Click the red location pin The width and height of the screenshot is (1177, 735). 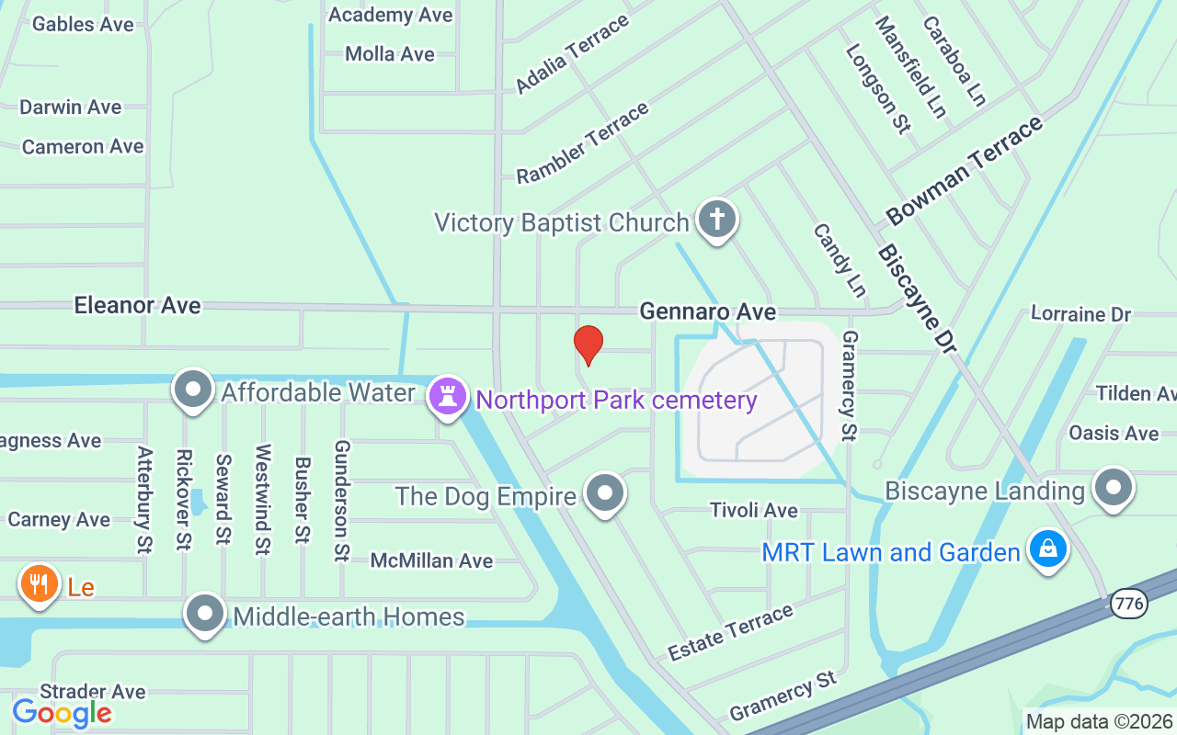(588, 345)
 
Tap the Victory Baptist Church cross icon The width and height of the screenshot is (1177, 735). (717, 220)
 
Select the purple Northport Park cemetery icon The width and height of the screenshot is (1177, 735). (448, 398)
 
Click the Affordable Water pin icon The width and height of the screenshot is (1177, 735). (193, 390)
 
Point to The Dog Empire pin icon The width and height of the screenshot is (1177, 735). (605, 492)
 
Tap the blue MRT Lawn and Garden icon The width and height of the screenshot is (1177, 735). (1046, 549)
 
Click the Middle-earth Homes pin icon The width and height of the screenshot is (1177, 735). (205, 613)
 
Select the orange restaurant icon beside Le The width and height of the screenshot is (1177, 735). (39, 583)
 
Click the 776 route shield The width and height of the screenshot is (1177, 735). (1128, 605)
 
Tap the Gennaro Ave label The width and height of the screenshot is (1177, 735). (707, 312)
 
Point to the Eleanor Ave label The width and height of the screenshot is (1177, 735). (137, 305)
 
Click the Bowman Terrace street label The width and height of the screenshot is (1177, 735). (965, 172)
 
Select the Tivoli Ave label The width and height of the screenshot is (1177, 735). (754, 510)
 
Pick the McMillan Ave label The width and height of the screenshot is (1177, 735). (431, 560)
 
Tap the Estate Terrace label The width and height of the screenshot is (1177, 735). (730, 633)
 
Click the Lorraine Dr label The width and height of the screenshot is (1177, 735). (1080, 314)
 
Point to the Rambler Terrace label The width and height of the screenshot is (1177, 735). (583, 143)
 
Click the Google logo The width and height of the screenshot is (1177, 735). (62, 712)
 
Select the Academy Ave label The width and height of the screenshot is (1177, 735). (390, 15)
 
